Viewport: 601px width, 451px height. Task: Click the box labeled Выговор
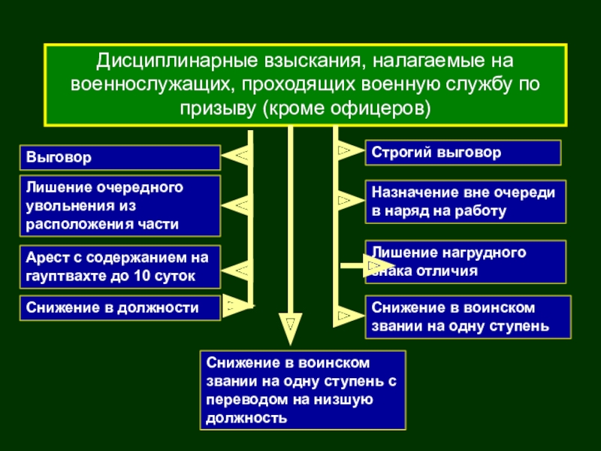(120, 158)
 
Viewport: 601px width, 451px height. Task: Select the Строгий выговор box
(463, 153)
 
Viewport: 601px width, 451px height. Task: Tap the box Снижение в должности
(120, 308)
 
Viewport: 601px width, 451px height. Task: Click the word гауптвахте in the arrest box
(65, 276)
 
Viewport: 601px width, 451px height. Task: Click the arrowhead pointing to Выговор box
(237, 156)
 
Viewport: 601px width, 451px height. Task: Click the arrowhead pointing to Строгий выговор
(349, 150)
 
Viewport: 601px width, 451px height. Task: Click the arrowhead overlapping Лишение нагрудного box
(378, 265)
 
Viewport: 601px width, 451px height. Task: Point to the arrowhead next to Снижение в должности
(237, 306)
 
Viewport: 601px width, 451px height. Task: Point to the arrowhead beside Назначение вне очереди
(349, 200)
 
